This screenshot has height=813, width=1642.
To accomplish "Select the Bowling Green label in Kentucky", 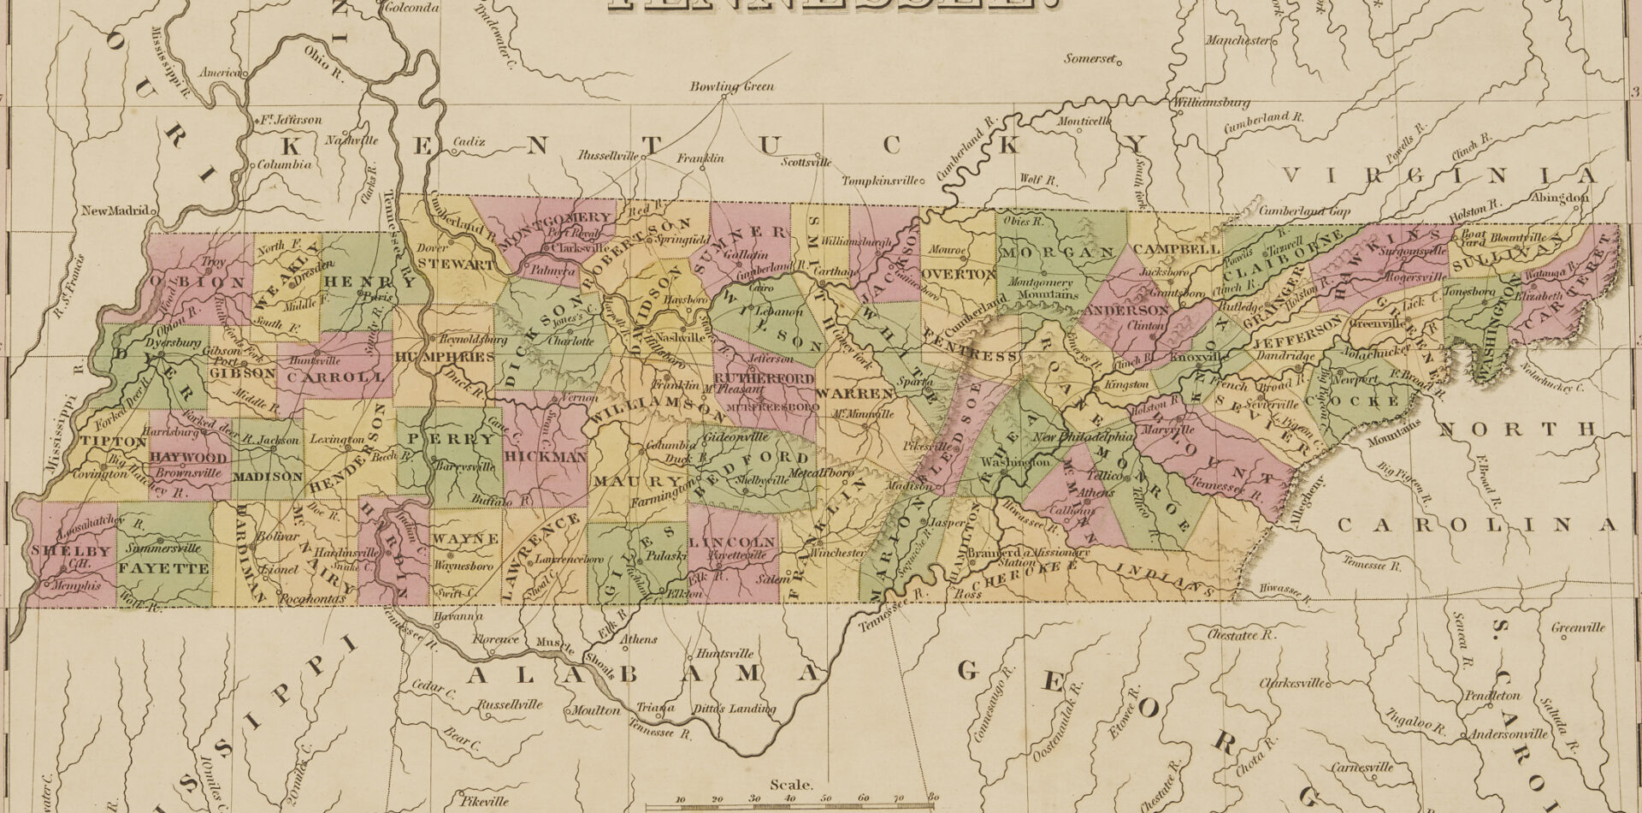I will pos(732,86).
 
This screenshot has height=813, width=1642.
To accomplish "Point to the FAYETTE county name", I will pos(163,568).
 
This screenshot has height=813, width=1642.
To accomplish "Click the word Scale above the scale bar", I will pos(792,784).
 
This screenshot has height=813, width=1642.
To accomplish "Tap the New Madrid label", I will pos(115,211).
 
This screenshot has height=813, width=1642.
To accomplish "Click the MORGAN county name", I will pos(1057,252).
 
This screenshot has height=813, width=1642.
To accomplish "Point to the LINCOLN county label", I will pos(732,543).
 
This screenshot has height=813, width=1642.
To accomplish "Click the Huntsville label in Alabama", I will pos(725,654).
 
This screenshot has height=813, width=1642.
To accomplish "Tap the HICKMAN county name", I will pos(545,457).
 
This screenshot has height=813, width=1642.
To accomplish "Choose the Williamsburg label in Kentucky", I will pos(1212,103).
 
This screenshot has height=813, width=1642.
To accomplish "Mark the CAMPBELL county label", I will pos(1178,249).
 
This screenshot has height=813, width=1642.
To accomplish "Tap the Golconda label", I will pos(407,8).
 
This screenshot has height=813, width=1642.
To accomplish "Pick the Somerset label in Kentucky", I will pos(1090,59).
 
